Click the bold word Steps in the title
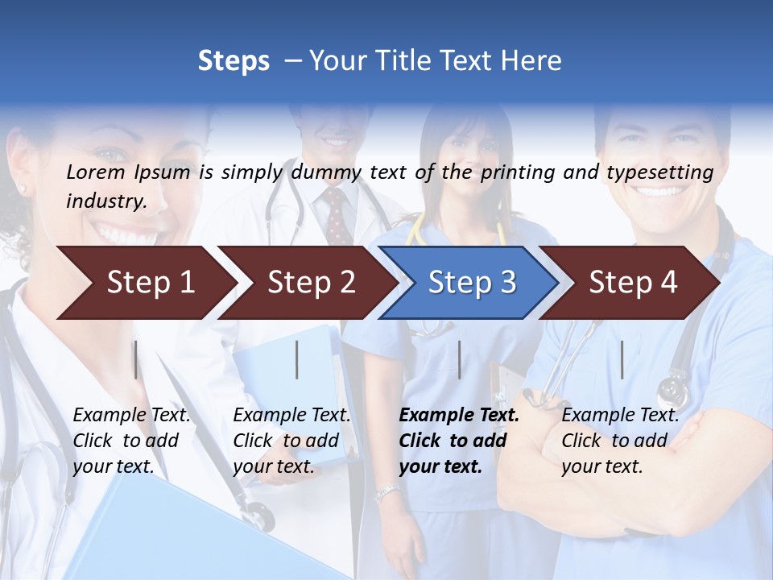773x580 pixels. (234, 61)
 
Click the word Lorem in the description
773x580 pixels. (96, 172)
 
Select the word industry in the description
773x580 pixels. (105, 201)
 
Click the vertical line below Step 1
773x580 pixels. (135, 359)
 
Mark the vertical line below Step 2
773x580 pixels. (297, 359)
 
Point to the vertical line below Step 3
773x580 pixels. (459, 359)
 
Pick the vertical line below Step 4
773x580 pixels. (622, 359)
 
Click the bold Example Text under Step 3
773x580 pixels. (459, 416)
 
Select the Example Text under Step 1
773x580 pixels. (131, 416)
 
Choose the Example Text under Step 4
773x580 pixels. (620, 416)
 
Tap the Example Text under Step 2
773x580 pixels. (291, 416)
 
